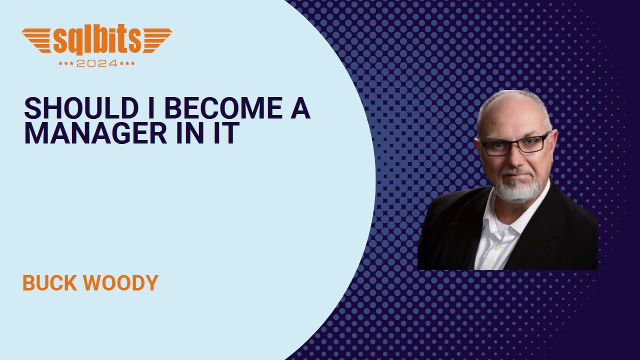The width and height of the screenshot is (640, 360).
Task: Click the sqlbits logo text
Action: tap(97, 41)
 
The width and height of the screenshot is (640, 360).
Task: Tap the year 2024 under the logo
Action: tap(97, 63)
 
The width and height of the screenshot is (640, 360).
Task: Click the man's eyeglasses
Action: tap(513, 144)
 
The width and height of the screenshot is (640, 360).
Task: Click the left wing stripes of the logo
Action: tap(37, 40)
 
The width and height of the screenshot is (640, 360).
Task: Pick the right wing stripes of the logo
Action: tap(156, 40)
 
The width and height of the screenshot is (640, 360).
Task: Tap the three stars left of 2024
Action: tap(66, 64)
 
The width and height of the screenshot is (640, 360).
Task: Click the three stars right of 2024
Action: tap(127, 64)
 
